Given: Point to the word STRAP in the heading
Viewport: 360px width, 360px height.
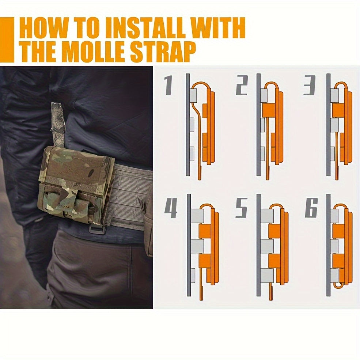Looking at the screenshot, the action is click(163, 52).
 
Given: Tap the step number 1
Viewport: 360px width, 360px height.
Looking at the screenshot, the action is click(168, 85).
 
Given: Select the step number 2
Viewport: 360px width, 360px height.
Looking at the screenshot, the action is click(242, 85).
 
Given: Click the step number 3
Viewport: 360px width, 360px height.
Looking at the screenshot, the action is click(310, 85).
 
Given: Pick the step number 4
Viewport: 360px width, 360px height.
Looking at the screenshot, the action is click(171, 208).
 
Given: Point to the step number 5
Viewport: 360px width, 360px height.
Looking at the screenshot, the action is click(242, 208).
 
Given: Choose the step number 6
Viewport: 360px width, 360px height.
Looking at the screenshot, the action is click(311, 208).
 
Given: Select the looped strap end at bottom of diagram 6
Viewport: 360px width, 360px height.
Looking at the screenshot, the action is click(338, 285).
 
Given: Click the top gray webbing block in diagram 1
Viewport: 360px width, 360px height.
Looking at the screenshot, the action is click(193, 96).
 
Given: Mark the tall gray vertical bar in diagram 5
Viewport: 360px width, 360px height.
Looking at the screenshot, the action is click(258, 245).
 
